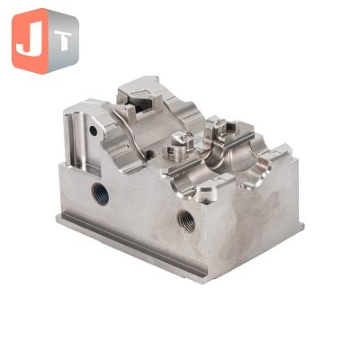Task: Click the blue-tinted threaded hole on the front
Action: [100, 193]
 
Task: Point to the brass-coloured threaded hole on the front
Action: [186, 220]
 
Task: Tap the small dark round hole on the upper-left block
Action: [94, 130]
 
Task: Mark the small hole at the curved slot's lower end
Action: [149, 155]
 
